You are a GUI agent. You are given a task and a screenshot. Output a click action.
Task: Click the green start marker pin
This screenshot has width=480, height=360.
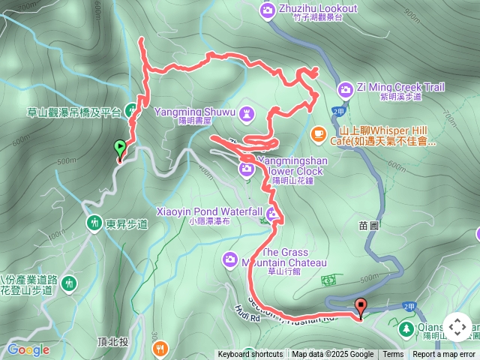pos(119,148)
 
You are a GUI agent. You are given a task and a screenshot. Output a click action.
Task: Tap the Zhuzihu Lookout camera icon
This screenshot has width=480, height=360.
pos(268,10)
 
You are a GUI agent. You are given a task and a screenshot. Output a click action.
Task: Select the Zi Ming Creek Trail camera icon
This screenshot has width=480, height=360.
pos(345,89)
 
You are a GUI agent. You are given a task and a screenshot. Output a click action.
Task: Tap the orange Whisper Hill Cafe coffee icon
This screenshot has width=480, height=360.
pos(318,134)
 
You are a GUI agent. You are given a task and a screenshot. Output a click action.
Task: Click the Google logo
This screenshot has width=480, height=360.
pos(28,349)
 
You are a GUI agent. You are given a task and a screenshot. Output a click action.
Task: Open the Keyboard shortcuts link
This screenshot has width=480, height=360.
pos(250,355)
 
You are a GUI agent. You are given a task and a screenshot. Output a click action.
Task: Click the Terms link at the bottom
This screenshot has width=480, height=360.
pos(393,355)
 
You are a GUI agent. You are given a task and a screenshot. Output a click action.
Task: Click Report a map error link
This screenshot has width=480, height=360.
pos(444,355)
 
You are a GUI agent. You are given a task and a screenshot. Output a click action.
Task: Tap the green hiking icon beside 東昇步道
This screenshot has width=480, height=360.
pos(94,223)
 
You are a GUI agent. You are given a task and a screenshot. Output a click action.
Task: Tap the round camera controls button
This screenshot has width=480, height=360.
pos(457,328)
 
